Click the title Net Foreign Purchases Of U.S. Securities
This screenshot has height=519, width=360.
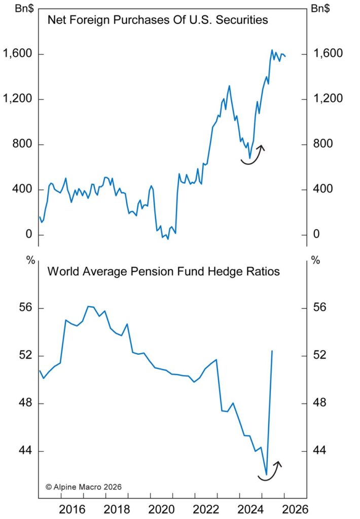click(x=158, y=21)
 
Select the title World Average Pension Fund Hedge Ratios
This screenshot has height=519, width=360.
click(x=163, y=271)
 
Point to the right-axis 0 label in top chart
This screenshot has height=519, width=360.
click(x=317, y=235)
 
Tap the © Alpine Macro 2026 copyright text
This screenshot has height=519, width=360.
click(x=83, y=487)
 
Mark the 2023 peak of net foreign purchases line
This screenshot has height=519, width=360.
click(x=229, y=86)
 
